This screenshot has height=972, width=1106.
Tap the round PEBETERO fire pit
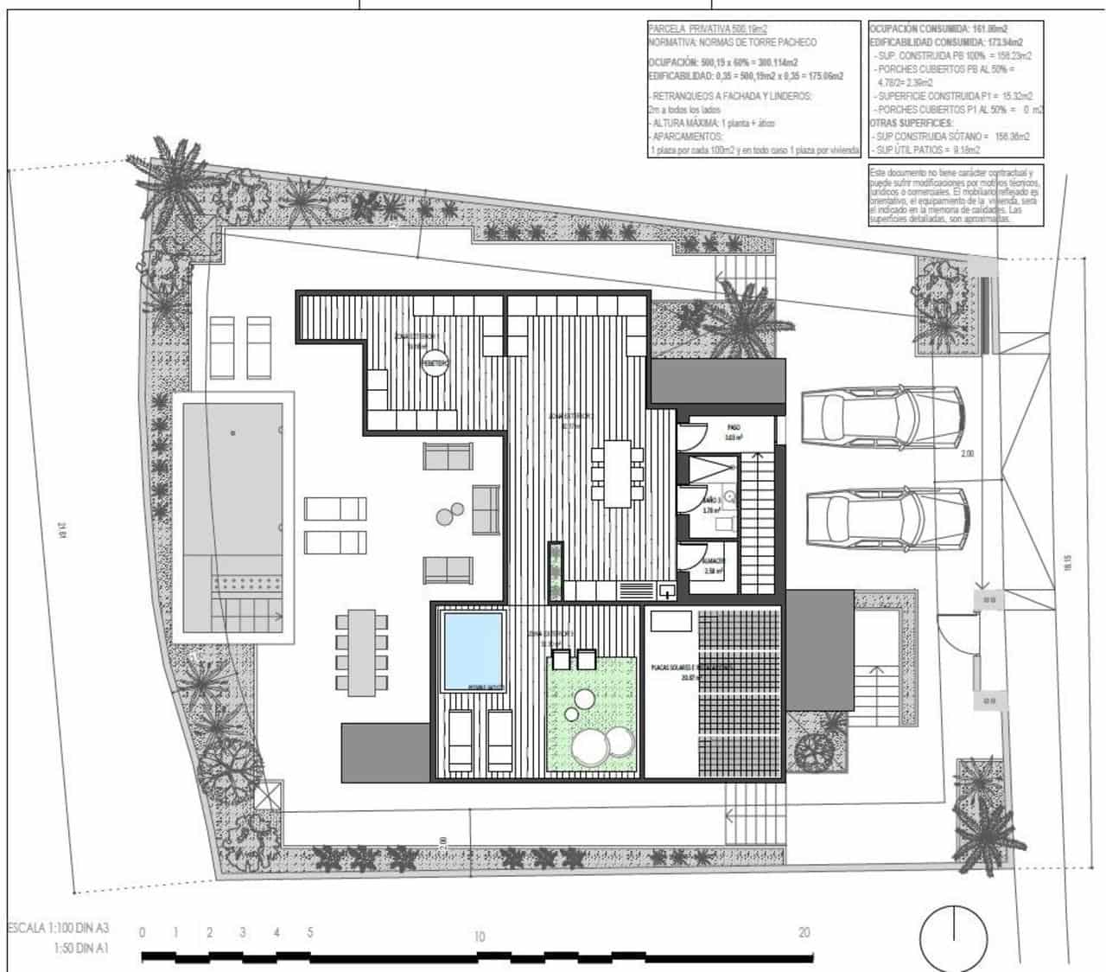tap(435, 365)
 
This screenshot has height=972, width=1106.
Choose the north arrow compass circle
tap(953, 937)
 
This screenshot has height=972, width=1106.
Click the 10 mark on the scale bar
tap(480, 936)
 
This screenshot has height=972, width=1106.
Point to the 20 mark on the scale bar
tap(804, 932)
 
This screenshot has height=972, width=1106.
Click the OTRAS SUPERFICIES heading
tap(910, 123)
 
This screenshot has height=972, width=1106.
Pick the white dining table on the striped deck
tap(618, 473)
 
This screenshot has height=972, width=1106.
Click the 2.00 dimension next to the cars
tap(967, 453)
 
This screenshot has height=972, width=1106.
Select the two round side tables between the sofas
tap(448, 516)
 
